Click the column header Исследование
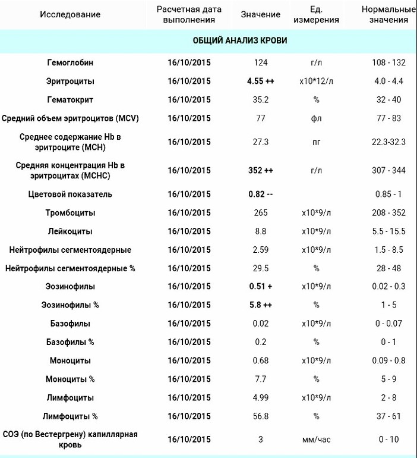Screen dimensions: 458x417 tap(70, 14)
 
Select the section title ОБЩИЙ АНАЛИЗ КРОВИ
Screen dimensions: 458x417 tap(240, 40)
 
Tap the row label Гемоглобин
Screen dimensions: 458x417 tap(70, 62)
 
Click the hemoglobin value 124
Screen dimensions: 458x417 tap(260, 62)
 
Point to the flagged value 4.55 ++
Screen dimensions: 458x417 tap(260, 81)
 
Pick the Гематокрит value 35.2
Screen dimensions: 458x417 tap(260, 99)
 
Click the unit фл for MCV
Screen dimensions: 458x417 tap(316, 118)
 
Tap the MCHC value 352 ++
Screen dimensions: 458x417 tap(260, 170)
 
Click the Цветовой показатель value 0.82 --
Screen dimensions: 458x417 tap(260, 194)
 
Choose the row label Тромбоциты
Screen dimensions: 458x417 tap(70, 212)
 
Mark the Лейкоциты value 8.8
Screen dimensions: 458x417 tap(260, 231)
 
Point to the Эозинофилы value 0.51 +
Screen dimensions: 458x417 tap(260, 286)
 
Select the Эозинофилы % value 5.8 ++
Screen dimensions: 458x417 tap(260, 305)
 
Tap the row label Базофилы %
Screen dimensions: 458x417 tap(70, 342)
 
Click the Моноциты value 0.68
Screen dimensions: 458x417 tap(260, 360)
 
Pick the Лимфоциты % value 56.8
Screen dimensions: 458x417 tap(260, 416)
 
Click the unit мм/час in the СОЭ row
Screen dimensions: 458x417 tap(316, 440)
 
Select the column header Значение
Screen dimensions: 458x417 tap(260, 14)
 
